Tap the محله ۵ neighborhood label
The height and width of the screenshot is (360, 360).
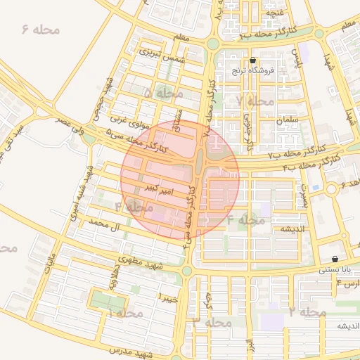point(162,92)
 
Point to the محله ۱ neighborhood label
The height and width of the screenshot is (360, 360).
point(125,312)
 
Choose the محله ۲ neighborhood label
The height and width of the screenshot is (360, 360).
point(307,311)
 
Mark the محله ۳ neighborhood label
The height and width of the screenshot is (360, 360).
point(212,322)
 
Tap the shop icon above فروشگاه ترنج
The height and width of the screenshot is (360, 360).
point(253,60)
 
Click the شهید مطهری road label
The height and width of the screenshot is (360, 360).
point(141,263)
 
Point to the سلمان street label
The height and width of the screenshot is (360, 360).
point(288,120)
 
